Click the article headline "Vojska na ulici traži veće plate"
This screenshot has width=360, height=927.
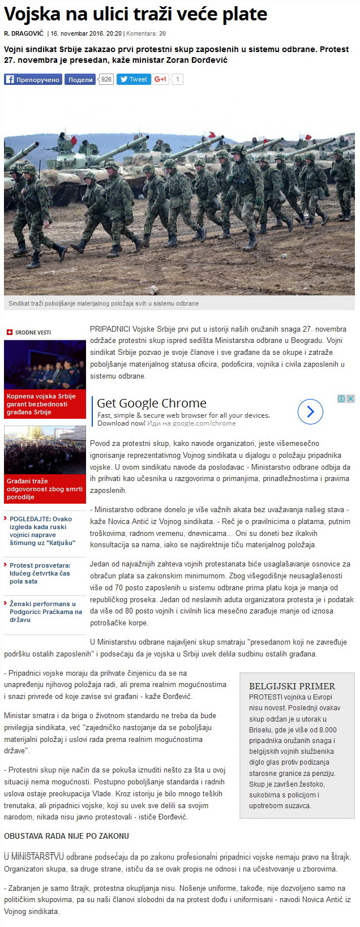tap(136, 14)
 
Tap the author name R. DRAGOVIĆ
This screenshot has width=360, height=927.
tap(24, 33)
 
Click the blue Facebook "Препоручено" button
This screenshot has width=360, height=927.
tap(32, 80)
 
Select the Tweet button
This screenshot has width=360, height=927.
tap(134, 80)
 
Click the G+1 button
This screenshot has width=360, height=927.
tap(161, 80)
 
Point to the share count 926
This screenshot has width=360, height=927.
tap(106, 80)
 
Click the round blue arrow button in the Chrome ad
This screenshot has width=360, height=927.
tap(310, 411)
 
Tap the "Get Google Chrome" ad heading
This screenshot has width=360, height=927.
tap(152, 404)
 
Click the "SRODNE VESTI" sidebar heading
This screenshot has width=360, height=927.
tap(32, 332)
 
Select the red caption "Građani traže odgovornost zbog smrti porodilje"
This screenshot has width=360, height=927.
tap(44, 489)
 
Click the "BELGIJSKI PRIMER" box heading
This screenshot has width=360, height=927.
tap(292, 686)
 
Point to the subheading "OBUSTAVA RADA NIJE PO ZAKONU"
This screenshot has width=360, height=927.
tap(67, 836)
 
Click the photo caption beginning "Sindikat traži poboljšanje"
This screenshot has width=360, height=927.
tap(104, 303)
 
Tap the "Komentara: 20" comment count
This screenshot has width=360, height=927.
tap(146, 33)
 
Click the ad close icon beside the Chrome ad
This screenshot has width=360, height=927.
tap(351, 399)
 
